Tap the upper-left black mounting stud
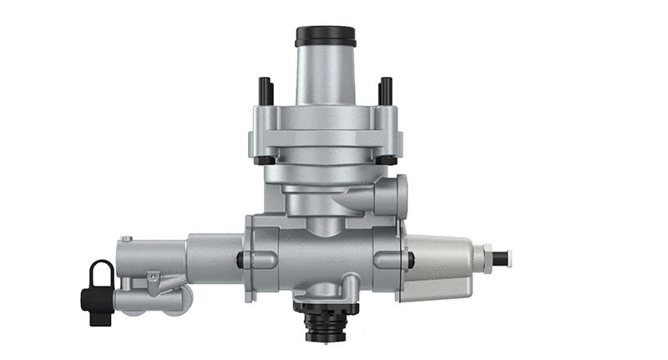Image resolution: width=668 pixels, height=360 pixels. [x=265, y=90]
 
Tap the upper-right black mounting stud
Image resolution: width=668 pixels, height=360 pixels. [x=386, y=90]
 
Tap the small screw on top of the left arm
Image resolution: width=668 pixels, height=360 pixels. [x=125, y=240]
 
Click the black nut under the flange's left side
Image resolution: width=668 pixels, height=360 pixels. [x=265, y=160]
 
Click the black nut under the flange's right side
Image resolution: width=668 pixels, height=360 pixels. [x=386, y=160]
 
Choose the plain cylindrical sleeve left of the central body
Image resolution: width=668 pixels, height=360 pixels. [x=213, y=259]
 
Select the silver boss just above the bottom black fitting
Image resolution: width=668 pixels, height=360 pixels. [x=326, y=297]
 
